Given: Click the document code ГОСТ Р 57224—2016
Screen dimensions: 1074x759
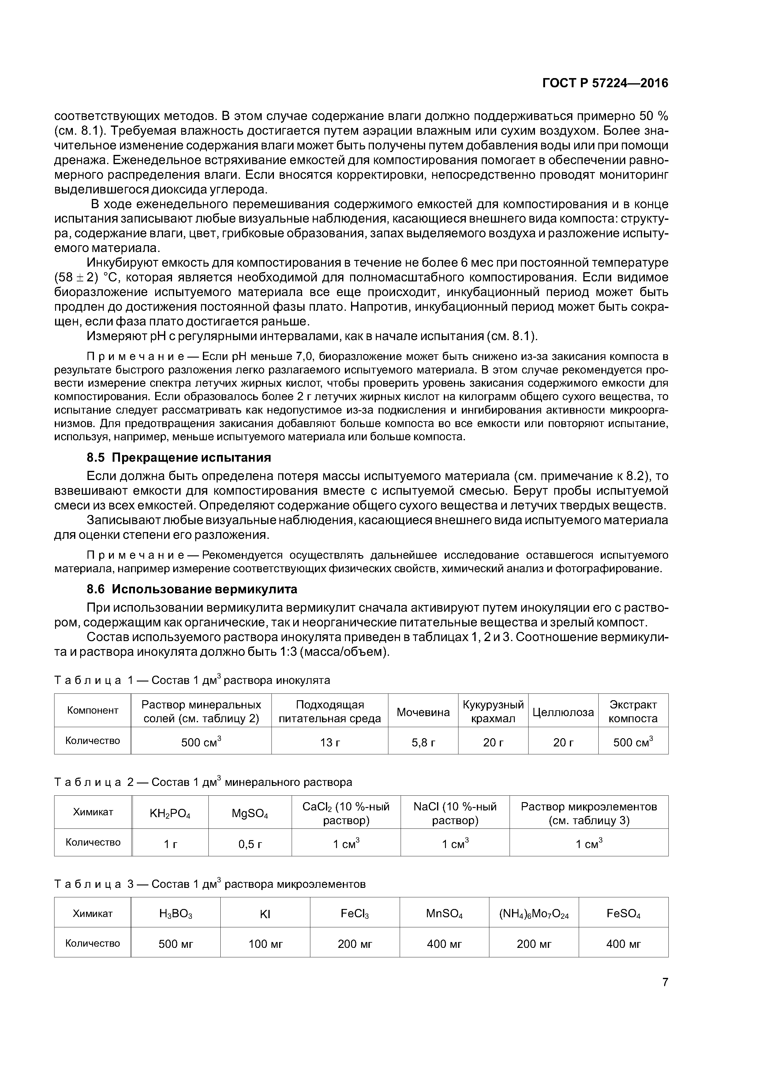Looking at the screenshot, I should pos(605,83).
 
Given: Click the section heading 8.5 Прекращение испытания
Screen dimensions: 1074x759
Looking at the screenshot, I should pos(179,457).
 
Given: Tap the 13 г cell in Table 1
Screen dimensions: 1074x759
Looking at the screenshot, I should pos(329,742).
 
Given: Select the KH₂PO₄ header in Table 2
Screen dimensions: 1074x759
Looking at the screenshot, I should pos(170,814).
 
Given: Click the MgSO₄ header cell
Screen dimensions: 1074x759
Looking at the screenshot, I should pos(250,814).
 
